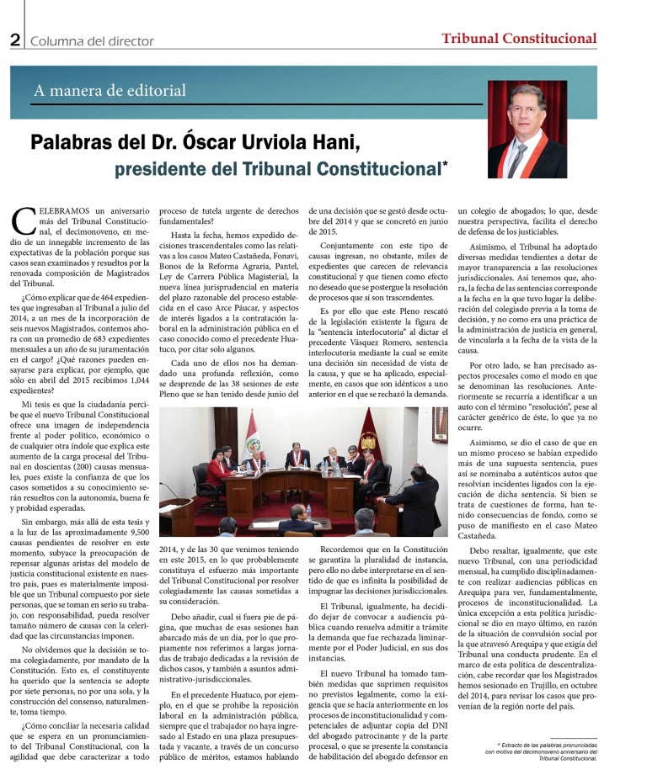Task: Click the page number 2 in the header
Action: click(14, 39)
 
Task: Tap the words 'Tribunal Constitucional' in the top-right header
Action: click(519, 38)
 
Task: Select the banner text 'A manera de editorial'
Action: click(110, 90)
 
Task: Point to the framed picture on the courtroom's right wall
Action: click(439, 422)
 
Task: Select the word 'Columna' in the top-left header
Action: click(57, 40)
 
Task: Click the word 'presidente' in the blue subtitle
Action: click(158, 168)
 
